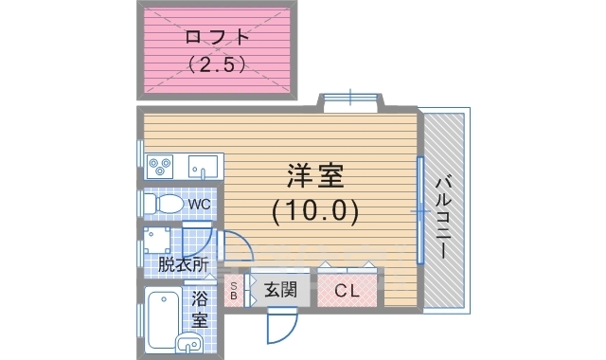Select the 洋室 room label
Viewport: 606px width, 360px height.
tap(315, 177)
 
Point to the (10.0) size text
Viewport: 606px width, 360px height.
tap(315, 210)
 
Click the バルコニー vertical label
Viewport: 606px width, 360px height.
tap(442, 216)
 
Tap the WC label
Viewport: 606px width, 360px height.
tap(198, 204)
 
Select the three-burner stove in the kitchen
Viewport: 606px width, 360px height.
tap(160, 167)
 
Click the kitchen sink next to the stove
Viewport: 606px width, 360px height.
tap(202, 167)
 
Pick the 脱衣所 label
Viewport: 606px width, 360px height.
tap(182, 264)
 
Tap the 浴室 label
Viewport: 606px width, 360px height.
tap(201, 309)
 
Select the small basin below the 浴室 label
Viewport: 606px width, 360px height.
tap(189, 344)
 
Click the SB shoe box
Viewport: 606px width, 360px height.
tap(234, 291)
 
